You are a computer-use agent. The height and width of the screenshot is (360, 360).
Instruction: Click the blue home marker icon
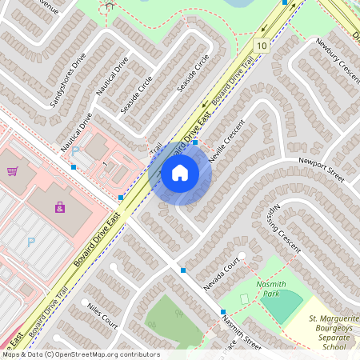(179, 172)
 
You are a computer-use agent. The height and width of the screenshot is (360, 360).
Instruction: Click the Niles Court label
(102, 315)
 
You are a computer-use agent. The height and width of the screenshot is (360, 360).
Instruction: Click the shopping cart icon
(12, 170)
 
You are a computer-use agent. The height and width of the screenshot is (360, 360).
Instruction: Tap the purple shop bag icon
(60, 207)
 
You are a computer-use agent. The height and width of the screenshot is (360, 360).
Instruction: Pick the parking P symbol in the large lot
(31, 242)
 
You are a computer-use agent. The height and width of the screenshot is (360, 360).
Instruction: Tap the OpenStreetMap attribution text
(80, 354)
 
